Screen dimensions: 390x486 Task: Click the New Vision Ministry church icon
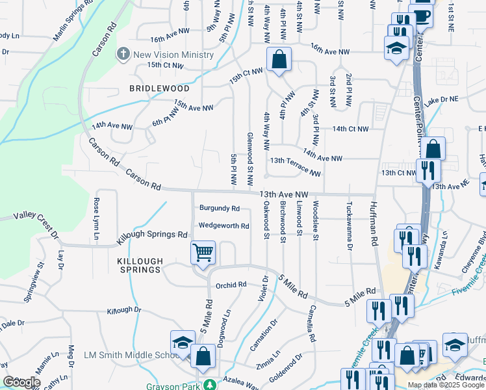coord(123,55)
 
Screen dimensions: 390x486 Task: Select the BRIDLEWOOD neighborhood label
coord(159,88)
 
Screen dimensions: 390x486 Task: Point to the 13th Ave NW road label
coord(283,194)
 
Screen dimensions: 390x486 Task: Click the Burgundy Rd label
coord(220,209)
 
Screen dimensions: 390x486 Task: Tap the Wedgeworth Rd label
coord(224,226)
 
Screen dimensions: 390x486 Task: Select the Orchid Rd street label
coord(231,284)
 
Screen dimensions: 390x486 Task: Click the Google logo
coord(22,382)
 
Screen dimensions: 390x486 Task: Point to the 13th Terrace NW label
coord(296,166)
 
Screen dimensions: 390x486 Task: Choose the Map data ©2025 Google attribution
coord(445,385)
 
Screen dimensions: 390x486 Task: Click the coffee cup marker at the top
coord(422,15)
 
